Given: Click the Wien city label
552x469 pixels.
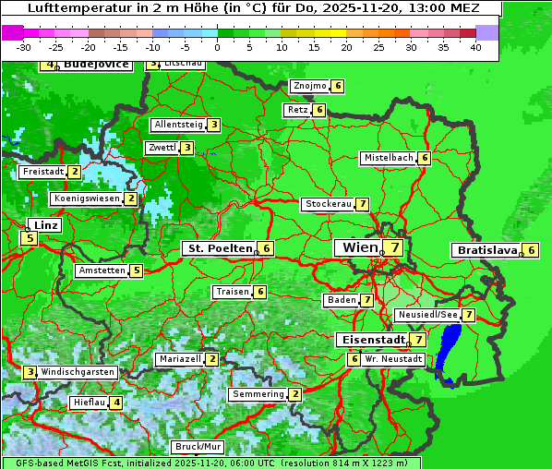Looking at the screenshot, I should pos(360,247).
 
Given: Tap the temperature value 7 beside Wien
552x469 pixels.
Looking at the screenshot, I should pos(395,247).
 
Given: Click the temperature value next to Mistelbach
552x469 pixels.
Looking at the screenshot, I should pos(425,158).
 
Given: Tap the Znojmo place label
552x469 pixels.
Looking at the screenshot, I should pos(309,86).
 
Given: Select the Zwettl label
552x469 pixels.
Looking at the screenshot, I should pos(162,148).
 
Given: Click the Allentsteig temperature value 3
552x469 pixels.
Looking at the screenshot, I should pos(214,125).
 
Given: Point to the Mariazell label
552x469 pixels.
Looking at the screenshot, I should pos(179,358).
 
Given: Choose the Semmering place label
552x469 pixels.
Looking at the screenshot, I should pos(258,394).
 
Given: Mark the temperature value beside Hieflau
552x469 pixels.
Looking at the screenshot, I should pos(116,403).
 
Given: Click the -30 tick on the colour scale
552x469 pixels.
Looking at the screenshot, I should pos(24,46).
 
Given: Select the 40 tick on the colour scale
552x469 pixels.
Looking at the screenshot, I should pos(475,46).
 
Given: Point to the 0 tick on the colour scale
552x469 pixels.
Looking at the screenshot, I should pos(217,46).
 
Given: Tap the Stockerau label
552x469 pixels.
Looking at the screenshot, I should pos(328,204).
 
